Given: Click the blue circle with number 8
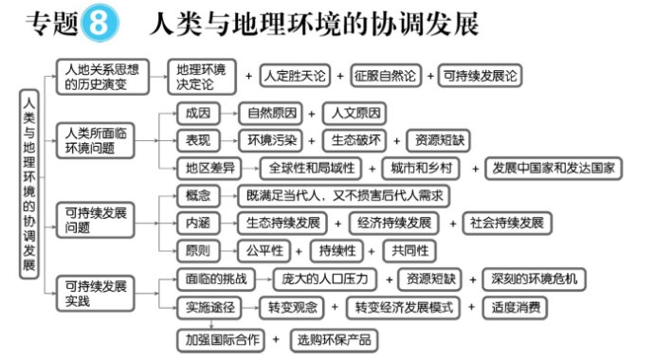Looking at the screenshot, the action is (x=100, y=23).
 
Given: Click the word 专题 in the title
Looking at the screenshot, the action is (x=52, y=23).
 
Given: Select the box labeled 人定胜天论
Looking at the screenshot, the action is (x=295, y=76).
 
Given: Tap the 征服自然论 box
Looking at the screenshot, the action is (x=386, y=76).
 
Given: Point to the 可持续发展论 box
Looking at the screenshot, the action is (x=480, y=76).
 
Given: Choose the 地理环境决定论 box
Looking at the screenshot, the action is (x=202, y=77).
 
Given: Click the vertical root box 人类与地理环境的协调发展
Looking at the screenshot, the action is (x=29, y=184).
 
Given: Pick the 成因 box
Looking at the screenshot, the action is (x=198, y=114).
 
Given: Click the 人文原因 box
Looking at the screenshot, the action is (x=354, y=114).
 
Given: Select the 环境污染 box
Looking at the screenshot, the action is (x=271, y=140).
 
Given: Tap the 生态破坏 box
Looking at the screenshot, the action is (x=354, y=140).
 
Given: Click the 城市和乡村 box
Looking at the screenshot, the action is (x=421, y=169).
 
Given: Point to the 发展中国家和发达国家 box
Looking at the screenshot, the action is (x=554, y=169).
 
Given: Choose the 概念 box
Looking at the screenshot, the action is (x=198, y=196).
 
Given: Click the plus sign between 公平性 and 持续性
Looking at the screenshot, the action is (x=299, y=251).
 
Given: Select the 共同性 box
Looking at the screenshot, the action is (x=409, y=251).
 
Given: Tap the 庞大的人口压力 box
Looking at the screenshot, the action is (x=324, y=279).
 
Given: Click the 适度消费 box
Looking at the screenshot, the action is (x=515, y=308).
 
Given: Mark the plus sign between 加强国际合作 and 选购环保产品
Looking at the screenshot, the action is (x=276, y=339).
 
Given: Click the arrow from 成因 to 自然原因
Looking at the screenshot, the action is (x=229, y=114).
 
